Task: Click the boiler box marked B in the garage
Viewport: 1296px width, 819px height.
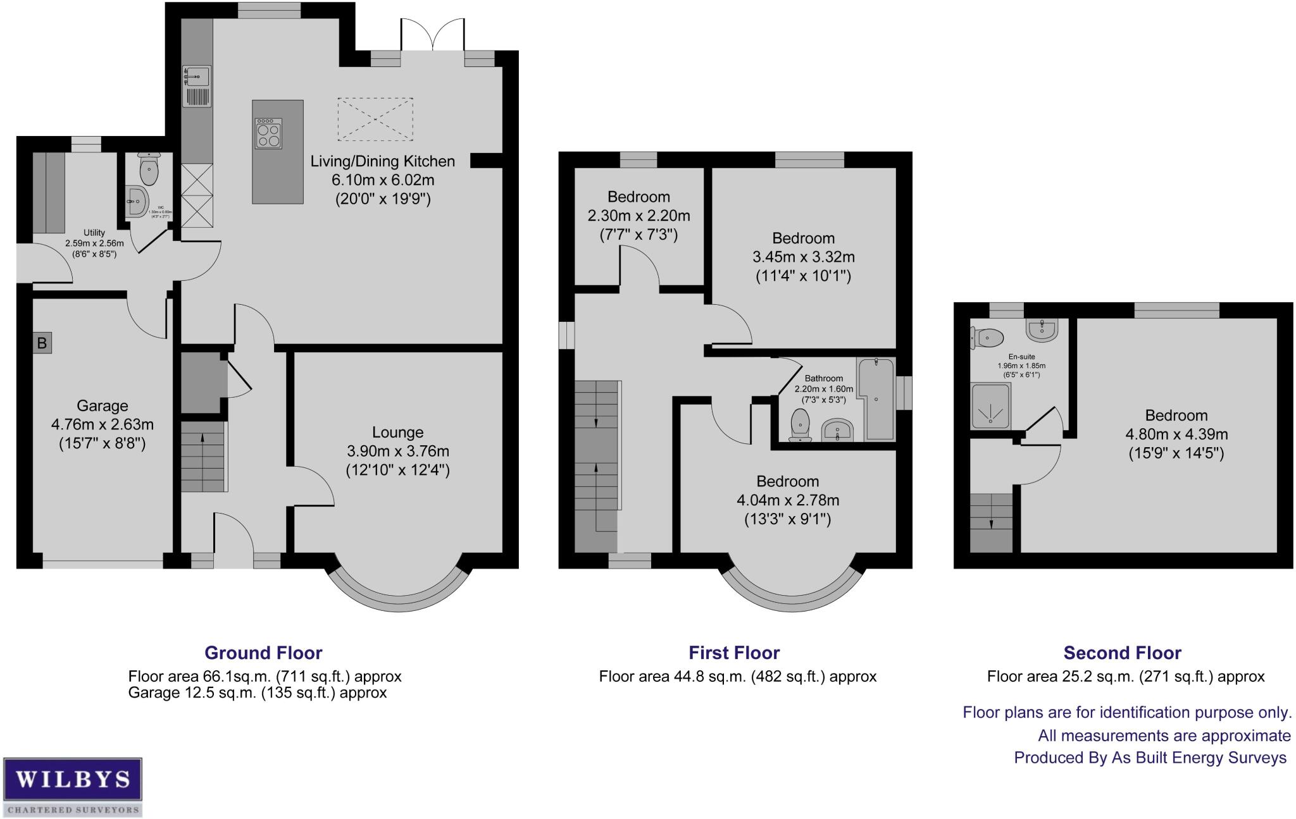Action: click(x=42, y=343)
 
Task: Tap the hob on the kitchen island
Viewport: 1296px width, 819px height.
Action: click(x=269, y=133)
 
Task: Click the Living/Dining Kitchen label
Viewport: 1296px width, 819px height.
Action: click(x=382, y=161)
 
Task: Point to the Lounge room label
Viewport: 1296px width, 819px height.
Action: click(x=397, y=433)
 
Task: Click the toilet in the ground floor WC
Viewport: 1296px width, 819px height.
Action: click(x=149, y=167)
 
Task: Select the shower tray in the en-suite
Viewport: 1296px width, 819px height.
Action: click(x=990, y=407)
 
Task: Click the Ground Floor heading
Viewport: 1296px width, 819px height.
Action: click(x=263, y=653)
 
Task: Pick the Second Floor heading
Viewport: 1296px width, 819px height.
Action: click(x=1122, y=653)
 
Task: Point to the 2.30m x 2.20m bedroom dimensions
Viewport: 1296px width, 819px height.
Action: click(x=639, y=216)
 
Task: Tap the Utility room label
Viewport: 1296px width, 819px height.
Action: click(x=94, y=233)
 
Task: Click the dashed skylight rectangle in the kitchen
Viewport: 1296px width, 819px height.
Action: click(x=375, y=119)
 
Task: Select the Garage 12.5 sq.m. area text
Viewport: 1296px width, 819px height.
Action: click(x=257, y=693)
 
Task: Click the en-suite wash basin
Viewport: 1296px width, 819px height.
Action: click(x=1041, y=330)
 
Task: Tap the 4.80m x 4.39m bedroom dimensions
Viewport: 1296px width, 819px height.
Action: click(x=1176, y=434)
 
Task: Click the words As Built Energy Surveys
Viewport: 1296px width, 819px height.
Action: click(x=1199, y=758)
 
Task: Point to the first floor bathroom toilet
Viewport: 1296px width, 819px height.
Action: click(x=801, y=423)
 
